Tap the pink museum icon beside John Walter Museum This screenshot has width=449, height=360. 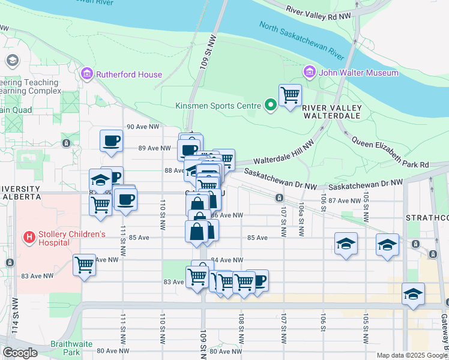pyautogui.click(x=310, y=73)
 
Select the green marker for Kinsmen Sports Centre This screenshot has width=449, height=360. pyautogui.click(x=271, y=106)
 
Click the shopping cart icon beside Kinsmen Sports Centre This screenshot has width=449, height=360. pyautogui.click(x=290, y=95)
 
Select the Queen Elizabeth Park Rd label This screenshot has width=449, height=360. pyautogui.click(x=390, y=154)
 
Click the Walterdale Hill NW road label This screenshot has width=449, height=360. pyautogui.click(x=284, y=154)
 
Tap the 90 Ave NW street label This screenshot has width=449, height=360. pyautogui.click(x=143, y=127)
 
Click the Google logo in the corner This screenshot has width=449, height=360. pyautogui.click(x=20, y=353)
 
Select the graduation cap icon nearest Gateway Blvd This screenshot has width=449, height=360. pyautogui.click(x=413, y=293)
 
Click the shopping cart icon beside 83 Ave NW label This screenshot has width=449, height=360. pyautogui.click(x=84, y=265)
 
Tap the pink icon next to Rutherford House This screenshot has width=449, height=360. pyautogui.click(x=87, y=74)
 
